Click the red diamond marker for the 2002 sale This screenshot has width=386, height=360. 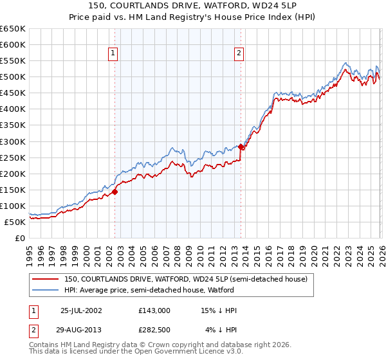click(115, 192)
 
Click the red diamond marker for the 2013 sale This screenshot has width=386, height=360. click(241, 147)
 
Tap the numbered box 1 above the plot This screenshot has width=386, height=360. click(113, 54)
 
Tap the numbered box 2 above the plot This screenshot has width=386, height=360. click(239, 54)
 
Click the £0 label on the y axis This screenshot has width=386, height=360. click(20, 238)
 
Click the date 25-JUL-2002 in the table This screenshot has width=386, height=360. click(81, 310)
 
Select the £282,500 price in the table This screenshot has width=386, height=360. click(154, 330)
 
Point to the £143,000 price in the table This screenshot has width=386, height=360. click(154, 310)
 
